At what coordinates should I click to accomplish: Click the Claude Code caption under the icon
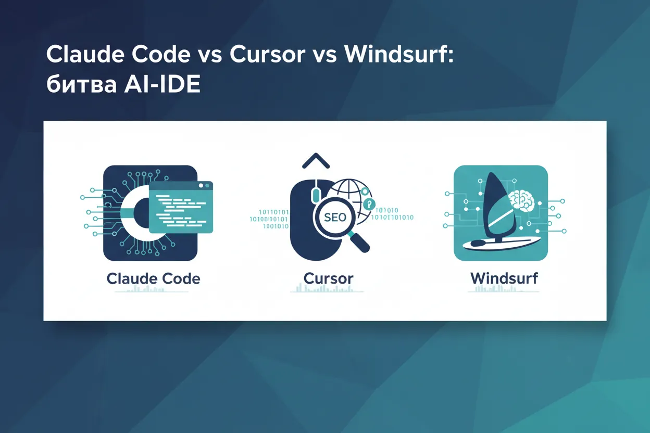tap(153, 278)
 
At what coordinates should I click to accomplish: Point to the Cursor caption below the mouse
tap(328, 278)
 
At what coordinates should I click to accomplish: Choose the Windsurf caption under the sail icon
tap(504, 278)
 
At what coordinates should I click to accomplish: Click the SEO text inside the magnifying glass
tap(334, 217)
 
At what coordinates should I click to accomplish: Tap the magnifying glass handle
tap(359, 243)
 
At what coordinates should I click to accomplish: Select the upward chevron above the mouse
tap(316, 161)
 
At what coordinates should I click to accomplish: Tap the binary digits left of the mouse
tap(269, 219)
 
